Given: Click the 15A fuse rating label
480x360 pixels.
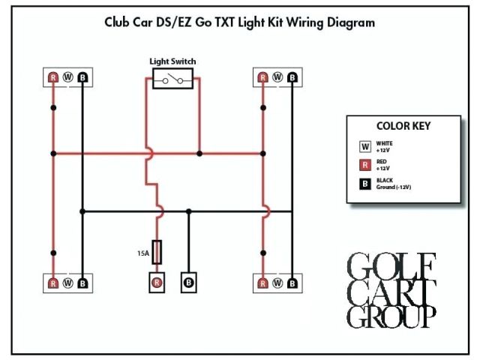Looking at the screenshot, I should coord(142,254).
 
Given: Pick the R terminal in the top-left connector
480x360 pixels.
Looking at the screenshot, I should coord(53,76).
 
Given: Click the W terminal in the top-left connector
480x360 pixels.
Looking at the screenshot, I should coord(68,76).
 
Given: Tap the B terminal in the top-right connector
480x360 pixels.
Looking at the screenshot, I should coord(292,76).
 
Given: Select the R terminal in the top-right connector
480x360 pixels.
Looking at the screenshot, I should coord(262,76).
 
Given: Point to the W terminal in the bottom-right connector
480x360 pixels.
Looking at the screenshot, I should coord(277,283).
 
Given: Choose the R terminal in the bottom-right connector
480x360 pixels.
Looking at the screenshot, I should coord(262,283).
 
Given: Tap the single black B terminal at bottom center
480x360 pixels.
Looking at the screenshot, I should coord(188,283).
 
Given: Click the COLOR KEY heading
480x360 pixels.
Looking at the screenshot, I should coord(403,126).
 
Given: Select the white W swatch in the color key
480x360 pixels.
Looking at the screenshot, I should coord(365,145).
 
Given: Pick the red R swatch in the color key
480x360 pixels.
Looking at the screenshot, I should coord(365,164).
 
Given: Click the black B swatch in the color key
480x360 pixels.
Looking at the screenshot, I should coord(365,183).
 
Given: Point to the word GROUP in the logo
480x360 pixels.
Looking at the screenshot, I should coord(391,316).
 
